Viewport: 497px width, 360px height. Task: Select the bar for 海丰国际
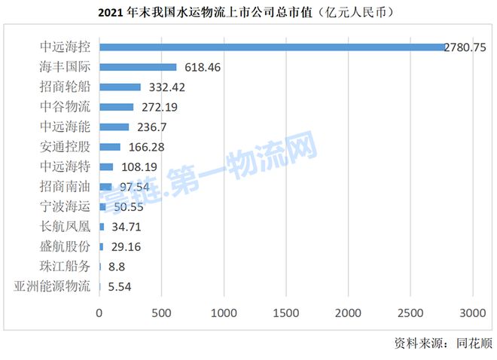point(138,67)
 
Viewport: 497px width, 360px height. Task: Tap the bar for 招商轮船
point(120,87)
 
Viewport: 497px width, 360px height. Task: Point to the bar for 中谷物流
point(116,107)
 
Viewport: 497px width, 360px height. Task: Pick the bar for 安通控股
point(109,147)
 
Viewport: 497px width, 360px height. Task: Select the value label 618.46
point(203,67)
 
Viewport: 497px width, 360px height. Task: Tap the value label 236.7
point(151,127)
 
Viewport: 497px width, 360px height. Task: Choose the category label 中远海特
point(66,166)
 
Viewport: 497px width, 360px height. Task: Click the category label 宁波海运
point(66,206)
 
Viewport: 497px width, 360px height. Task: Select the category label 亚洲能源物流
point(52,286)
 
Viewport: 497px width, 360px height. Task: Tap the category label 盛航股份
point(66,246)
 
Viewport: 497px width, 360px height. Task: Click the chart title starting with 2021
point(248,13)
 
